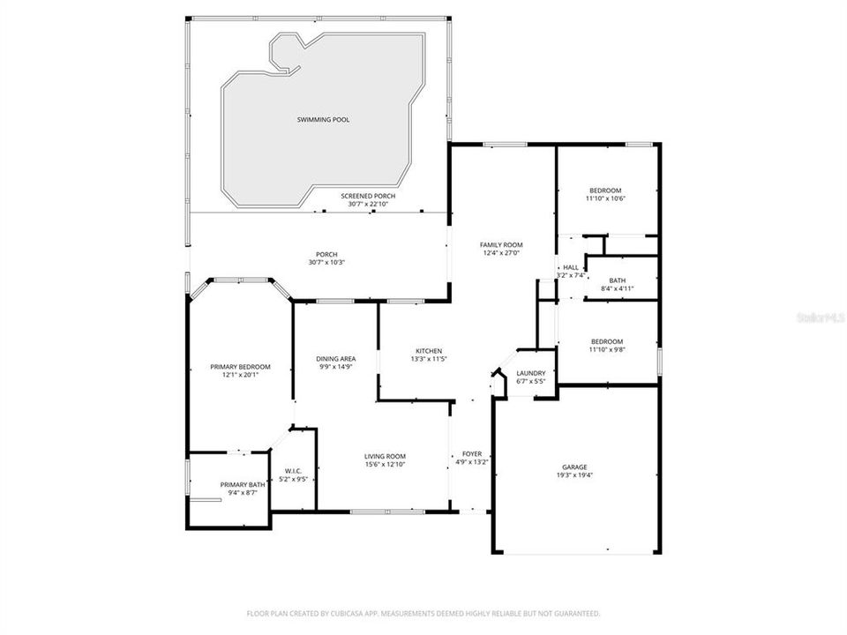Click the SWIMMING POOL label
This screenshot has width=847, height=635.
pos(322,119)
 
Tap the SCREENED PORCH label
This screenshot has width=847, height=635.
pos(368,196)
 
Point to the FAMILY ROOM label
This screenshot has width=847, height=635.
pos(501,244)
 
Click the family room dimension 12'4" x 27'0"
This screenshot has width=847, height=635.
pos(501,253)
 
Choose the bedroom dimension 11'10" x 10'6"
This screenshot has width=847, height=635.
pos(605,199)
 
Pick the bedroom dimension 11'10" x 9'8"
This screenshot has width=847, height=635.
pos(605,350)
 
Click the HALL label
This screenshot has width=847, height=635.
pos(571,267)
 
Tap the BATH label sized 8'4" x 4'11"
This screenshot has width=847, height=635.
pos(617,280)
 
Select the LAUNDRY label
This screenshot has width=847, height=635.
pos(529,373)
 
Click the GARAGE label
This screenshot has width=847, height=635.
pos(574,467)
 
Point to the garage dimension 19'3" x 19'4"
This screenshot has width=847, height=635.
pos(574,475)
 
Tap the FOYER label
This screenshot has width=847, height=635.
pos(472,453)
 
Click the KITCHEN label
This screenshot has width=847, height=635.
pos(429,350)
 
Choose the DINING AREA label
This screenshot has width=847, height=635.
pos(336,358)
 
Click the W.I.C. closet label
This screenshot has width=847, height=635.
pos(294,471)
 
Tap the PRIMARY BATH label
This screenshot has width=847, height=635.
pos(243,484)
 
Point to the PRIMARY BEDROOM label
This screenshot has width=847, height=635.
pos(240,366)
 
